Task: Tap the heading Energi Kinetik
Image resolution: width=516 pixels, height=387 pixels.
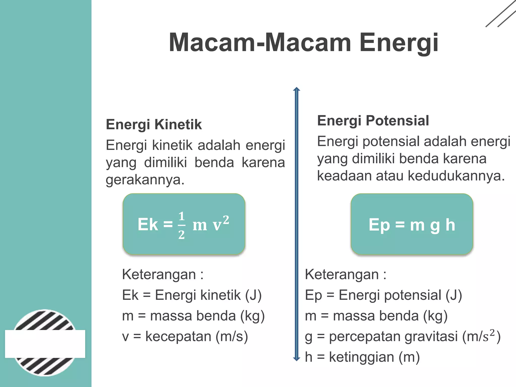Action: tap(154, 124)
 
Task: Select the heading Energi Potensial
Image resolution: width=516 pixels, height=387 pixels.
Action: tap(373, 120)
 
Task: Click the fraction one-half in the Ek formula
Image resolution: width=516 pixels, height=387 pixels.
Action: tap(181, 225)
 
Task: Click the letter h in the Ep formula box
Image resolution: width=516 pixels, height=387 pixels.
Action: tap(450, 225)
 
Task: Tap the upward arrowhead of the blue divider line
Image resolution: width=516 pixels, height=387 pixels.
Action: tap(297, 89)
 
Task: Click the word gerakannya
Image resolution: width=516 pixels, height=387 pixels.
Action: tap(145, 180)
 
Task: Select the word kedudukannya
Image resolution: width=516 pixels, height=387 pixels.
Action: tap(456, 176)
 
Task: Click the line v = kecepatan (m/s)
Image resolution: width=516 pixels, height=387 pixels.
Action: tap(185, 336)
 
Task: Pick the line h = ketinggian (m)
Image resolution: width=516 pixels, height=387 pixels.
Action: tap(362, 357)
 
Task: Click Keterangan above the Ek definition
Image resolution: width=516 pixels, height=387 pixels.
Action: tap(159, 274)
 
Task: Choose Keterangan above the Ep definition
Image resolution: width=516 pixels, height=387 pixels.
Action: tap(342, 274)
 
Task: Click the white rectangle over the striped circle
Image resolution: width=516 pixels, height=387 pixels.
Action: tap(45, 344)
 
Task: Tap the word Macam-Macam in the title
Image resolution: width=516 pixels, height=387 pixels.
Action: tap(260, 43)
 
